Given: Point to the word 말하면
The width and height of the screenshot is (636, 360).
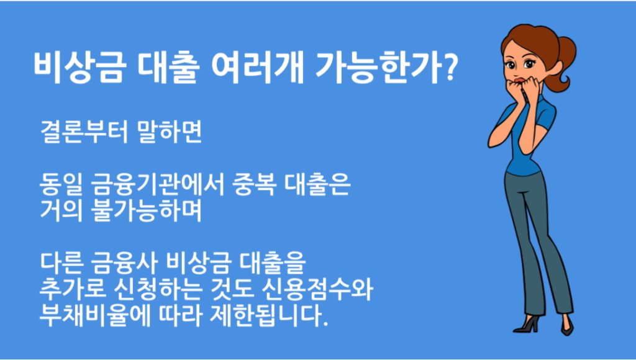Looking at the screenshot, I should click(169, 132).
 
